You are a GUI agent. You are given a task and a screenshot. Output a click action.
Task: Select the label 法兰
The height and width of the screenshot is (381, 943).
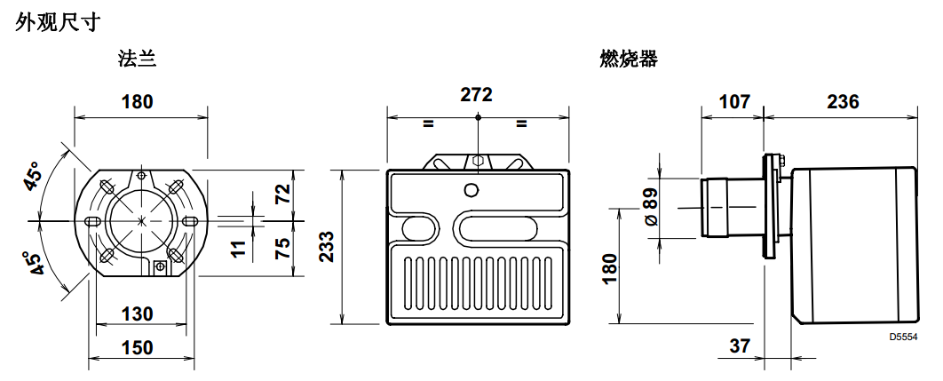[138, 60]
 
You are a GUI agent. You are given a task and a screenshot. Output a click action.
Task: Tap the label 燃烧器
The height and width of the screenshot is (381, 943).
[629, 60]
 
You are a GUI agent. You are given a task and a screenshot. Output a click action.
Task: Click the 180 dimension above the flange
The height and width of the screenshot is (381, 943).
[137, 101]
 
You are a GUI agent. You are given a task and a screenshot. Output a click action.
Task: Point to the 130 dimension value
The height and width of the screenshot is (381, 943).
[137, 314]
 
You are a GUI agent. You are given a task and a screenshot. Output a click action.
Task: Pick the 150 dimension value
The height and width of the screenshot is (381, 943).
[137, 347]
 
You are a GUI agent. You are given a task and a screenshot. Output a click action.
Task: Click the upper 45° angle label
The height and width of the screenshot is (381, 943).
[34, 178]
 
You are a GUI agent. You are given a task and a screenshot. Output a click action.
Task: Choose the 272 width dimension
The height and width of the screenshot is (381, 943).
[476, 95]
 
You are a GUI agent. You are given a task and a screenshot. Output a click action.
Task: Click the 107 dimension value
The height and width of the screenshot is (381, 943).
[733, 101]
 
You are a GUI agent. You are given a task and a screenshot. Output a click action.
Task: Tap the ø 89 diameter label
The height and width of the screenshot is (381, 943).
[650, 207]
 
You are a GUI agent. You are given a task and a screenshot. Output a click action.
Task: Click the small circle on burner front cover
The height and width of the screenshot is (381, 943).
[471, 188]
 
